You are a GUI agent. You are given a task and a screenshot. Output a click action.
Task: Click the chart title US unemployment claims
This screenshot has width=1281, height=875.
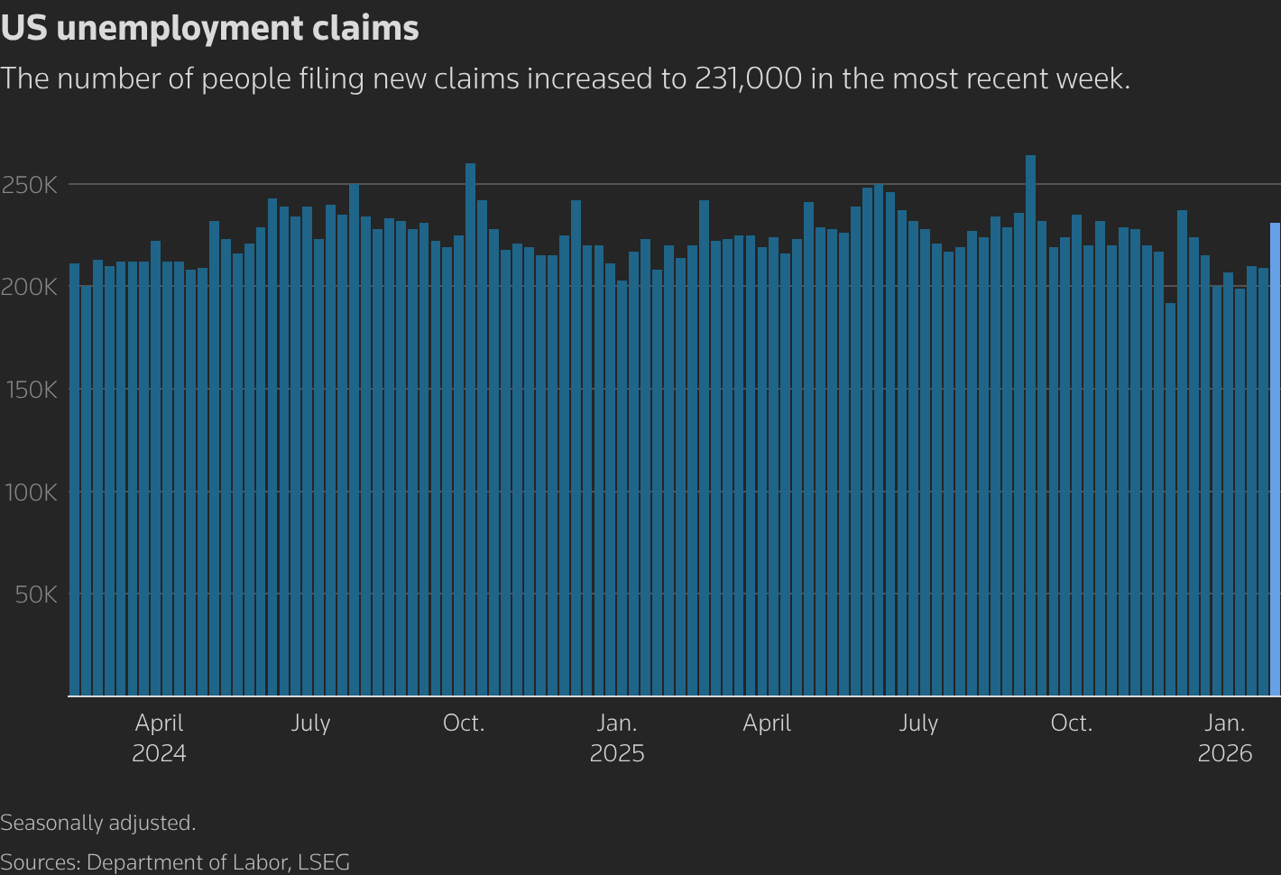point(209,29)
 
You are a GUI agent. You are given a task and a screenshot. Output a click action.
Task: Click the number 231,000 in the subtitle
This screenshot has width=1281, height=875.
point(748,78)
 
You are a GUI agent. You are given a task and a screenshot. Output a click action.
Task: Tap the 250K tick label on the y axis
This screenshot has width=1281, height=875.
point(30,185)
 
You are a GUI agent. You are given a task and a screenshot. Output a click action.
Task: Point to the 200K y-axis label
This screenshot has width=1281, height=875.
point(30,287)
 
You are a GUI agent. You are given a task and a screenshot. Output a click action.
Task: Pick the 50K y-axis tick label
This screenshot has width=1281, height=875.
point(36,594)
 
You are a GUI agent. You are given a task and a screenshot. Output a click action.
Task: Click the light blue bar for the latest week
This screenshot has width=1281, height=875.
point(1275,460)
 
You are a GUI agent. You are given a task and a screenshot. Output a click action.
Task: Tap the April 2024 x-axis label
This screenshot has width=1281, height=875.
point(159,738)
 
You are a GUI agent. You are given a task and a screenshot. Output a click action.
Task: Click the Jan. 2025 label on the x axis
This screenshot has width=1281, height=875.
point(617,738)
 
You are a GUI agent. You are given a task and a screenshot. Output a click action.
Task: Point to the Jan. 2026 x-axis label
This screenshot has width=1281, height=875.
point(1224,738)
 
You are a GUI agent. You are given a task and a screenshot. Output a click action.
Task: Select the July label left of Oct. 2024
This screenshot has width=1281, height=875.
point(310,723)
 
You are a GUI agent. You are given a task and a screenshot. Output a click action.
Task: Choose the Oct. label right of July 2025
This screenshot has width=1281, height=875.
point(1071,723)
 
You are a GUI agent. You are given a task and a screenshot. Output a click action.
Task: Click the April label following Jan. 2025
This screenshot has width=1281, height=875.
point(767,723)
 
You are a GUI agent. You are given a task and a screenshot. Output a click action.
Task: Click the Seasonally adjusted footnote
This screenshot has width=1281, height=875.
point(98,823)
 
